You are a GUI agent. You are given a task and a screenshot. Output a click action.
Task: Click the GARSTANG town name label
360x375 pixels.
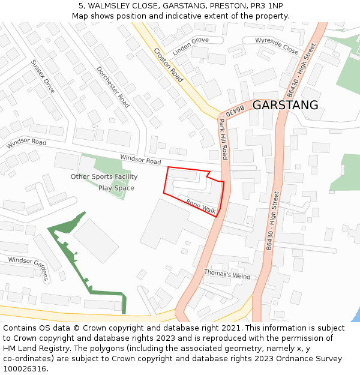point(285,105)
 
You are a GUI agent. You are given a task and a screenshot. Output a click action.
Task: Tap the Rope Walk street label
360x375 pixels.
point(201,206)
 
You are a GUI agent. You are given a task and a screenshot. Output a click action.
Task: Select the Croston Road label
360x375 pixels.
point(168,65)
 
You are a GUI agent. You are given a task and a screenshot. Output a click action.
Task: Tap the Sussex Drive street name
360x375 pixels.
point(43,76)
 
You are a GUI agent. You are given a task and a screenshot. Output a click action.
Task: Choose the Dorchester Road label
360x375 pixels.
point(113,87)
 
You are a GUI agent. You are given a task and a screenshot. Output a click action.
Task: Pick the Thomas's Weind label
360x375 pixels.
point(227,274)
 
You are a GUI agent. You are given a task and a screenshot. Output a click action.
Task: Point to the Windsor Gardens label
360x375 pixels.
point(28,268)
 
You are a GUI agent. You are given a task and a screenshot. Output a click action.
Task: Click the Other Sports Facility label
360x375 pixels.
point(104,176)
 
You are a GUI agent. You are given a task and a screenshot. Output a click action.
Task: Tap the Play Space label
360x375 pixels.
point(116,188)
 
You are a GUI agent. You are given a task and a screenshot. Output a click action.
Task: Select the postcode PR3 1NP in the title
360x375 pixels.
point(269,5)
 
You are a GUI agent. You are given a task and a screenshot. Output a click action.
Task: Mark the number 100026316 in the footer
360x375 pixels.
point(27,368)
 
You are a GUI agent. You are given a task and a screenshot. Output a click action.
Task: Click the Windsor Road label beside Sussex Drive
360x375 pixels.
point(26,143)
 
